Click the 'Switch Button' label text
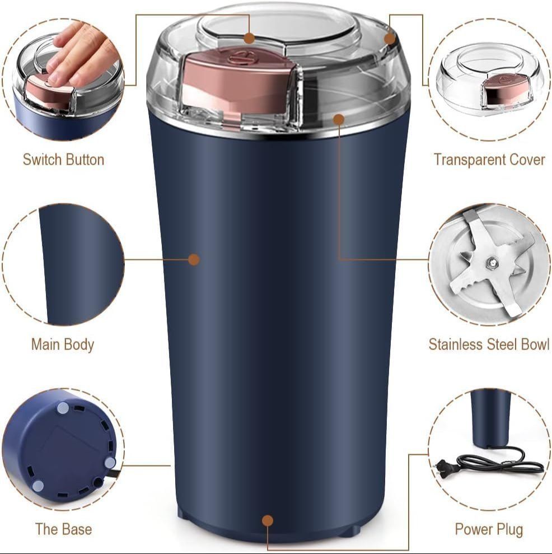point(63,160)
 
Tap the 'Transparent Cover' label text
point(489,160)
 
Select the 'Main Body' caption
point(62,344)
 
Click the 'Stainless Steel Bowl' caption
point(489,344)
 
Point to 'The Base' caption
point(63,529)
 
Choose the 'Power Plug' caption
point(489,529)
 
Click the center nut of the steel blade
point(492,262)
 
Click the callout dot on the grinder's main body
point(194,259)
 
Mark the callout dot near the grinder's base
point(268,520)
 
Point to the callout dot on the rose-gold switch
point(249,38)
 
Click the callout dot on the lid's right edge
point(390,38)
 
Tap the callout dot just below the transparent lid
point(338,119)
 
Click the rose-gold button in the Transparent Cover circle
point(505,90)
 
